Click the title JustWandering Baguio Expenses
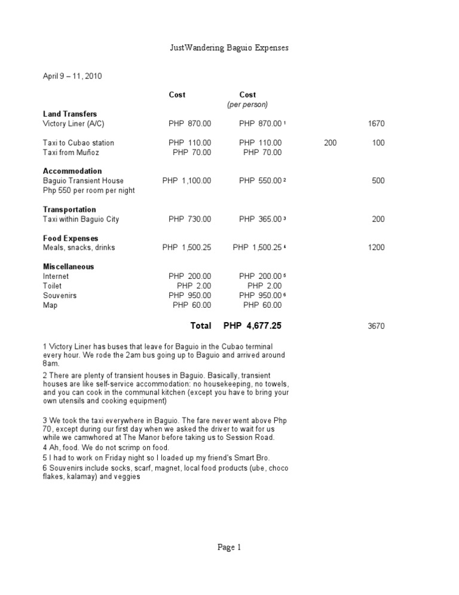coord(229,47)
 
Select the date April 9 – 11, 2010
coord(72,76)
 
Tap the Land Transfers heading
coord(70,114)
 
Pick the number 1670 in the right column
coord(377,124)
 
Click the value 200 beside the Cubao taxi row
coord(330,143)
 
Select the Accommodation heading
coord(72,171)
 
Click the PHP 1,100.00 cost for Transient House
coord(186,181)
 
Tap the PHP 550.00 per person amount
coord(260,181)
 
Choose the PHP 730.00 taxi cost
coord(189,219)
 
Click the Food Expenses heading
coord(71,238)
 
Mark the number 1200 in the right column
coord(377,248)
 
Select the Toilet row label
coord(52,286)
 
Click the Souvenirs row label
coord(60,296)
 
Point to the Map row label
coord(50,305)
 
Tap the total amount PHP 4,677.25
coord(252,326)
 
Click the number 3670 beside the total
coord(377,326)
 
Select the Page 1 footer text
coord(229,547)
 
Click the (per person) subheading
coord(247,104)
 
